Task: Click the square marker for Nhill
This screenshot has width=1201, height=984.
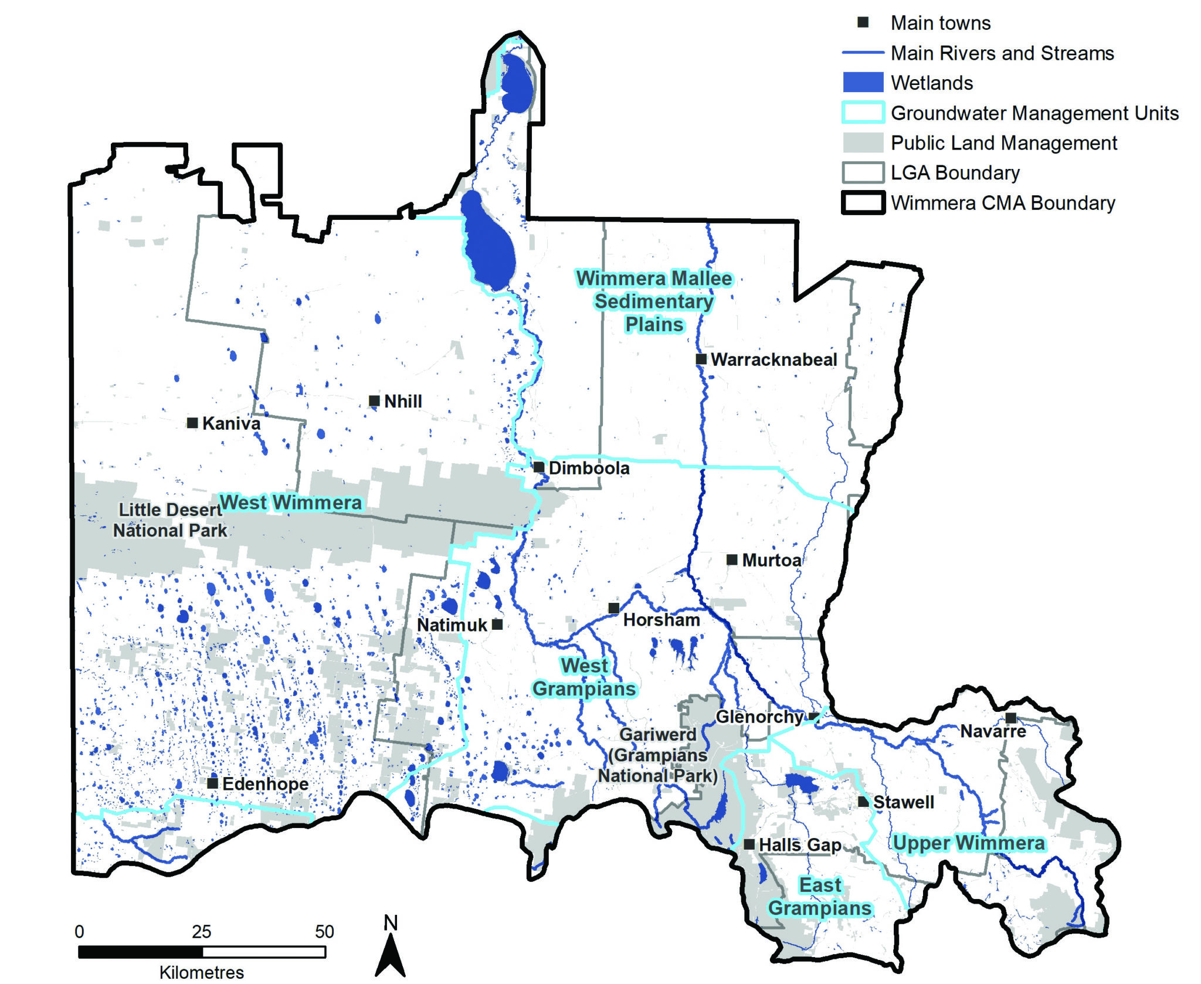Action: [374, 401]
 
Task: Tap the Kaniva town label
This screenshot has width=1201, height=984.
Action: [231, 423]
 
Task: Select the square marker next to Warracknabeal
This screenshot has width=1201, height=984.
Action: [701, 359]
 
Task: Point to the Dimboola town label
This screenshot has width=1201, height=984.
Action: [589, 468]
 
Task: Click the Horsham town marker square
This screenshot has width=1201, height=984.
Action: [613, 608]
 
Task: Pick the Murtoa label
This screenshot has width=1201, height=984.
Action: [771, 560]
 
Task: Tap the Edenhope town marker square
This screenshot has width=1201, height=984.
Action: [213, 783]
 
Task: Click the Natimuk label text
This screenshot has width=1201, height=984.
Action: [452, 625]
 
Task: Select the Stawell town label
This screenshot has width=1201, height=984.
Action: [903, 802]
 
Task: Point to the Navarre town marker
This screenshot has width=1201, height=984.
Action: [1010, 718]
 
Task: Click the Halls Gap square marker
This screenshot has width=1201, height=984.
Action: [749, 844]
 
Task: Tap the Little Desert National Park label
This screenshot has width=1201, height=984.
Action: [170, 520]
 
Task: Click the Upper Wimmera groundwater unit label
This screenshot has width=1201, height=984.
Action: [969, 843]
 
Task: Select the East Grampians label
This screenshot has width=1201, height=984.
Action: [820, 897]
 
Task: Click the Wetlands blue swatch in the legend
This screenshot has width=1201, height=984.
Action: [863, 83]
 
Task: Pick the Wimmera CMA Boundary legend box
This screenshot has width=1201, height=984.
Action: [863, 203]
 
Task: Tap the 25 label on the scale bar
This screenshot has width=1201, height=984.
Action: [201, 932]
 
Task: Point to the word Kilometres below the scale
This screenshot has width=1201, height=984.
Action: [201, 972]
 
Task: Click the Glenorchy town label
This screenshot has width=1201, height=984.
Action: [759, 717]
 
